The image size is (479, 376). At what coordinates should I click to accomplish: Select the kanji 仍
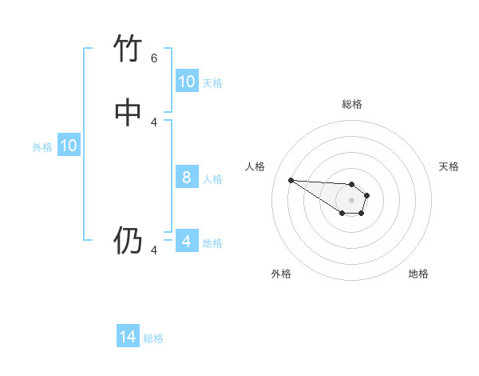point(129,241)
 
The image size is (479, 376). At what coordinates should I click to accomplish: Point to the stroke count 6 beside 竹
point(154,58)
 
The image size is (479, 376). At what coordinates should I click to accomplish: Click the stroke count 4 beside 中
point(154,122)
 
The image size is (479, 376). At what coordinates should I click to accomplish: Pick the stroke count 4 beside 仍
point(154,250)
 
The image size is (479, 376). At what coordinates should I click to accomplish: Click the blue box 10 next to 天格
point(187,82)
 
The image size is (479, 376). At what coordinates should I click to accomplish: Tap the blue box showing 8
point(187,178)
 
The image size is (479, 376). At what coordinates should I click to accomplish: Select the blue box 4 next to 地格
point(187,242)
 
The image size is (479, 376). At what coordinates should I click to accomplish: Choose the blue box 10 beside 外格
point(69,146)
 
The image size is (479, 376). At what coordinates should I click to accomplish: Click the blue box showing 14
point(128,338)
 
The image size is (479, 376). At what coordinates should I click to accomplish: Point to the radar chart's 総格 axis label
point(352,104)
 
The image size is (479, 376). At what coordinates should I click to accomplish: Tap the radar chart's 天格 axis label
point(449,166)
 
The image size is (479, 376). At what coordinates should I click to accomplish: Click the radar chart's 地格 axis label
point(418,274)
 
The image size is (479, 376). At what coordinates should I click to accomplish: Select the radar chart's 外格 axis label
point(281,274)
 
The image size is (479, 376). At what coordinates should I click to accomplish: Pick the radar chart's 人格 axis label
point(255,166)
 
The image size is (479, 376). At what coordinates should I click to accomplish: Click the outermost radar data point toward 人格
point(291,180)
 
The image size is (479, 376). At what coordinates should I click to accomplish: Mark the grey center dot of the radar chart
point(351,200)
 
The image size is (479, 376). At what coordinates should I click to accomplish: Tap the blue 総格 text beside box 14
point(153,338)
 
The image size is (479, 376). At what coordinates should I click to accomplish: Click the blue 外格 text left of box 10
point(42,146)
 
